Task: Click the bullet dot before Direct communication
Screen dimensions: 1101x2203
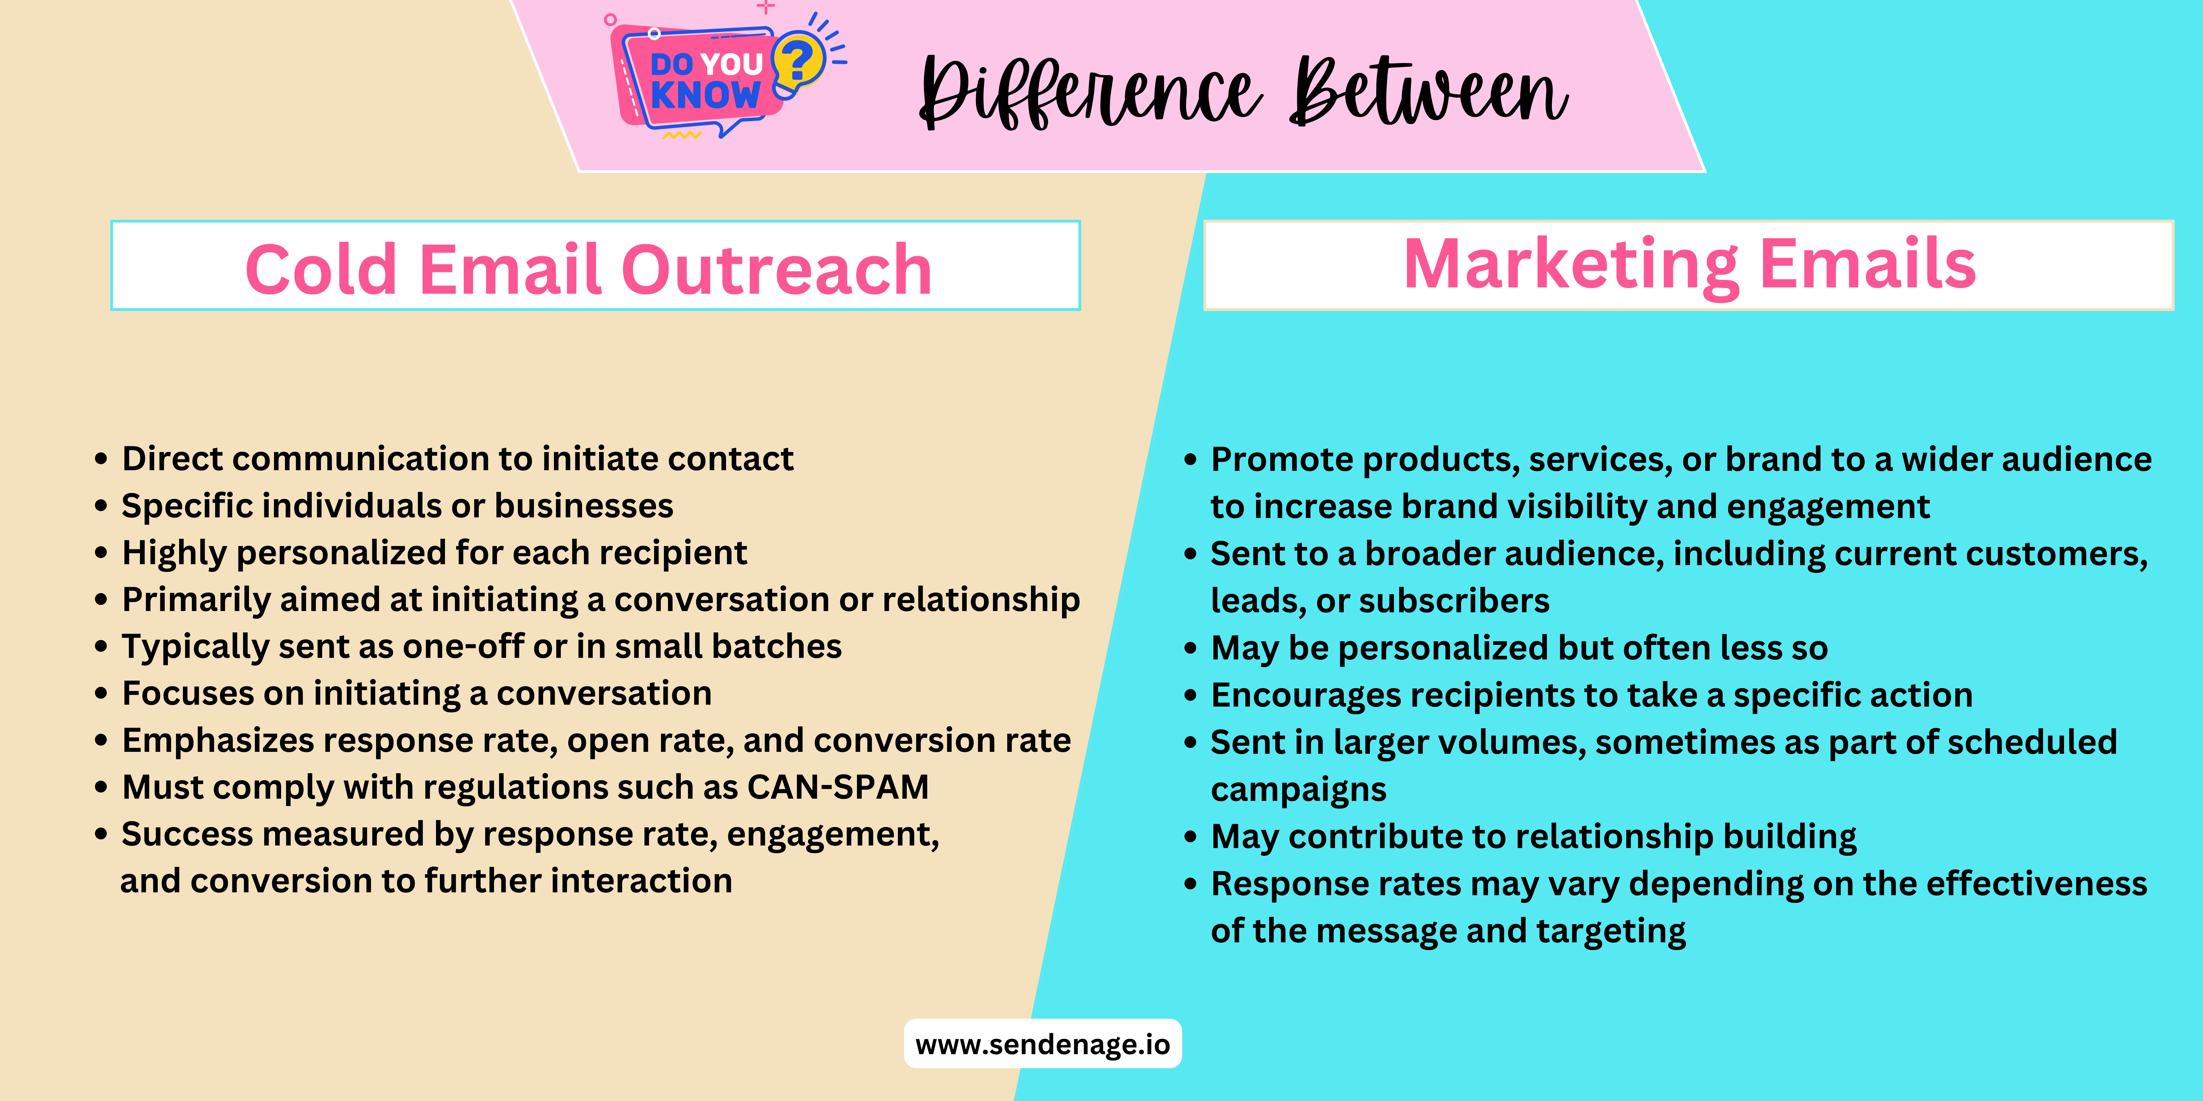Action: point(101,459)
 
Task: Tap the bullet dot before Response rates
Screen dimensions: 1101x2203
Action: point(1190,884)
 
